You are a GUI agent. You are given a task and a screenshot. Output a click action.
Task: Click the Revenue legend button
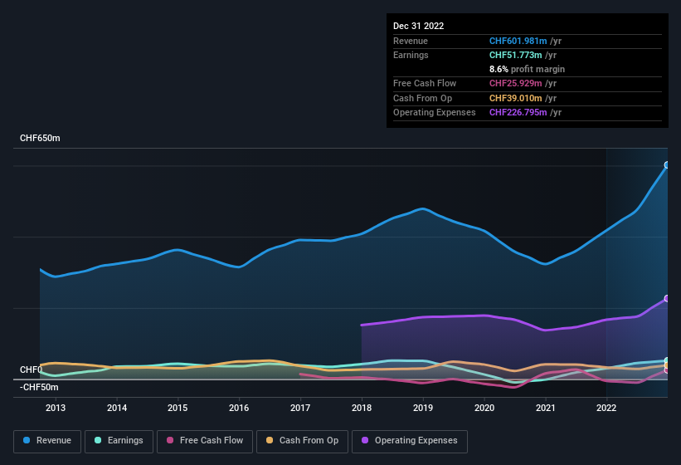(48, 440)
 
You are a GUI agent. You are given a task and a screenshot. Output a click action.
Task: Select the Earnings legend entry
(119, 440)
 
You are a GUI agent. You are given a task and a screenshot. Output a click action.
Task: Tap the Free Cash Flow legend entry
(205, 440)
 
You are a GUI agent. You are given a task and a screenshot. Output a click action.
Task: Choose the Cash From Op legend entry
(302, 440)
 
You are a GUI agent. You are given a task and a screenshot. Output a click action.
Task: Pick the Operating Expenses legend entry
(410, 440)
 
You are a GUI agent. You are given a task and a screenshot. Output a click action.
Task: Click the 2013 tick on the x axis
(56, 408)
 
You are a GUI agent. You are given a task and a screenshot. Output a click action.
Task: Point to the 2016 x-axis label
(239, 408)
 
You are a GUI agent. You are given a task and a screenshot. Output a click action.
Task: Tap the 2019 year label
(423, 408)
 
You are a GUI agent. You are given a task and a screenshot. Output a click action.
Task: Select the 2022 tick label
(606, 408)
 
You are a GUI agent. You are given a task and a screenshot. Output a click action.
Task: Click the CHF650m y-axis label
(40, 138)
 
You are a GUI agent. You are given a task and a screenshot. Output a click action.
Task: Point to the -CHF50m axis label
(39, 387)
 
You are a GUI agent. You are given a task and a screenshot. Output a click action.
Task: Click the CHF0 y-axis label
(31, 370)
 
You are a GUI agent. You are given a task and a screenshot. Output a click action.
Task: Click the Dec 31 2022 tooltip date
(418, 26)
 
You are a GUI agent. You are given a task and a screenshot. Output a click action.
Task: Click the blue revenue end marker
(667, 165)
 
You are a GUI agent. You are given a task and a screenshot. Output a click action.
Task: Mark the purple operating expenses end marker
(667, 298)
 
